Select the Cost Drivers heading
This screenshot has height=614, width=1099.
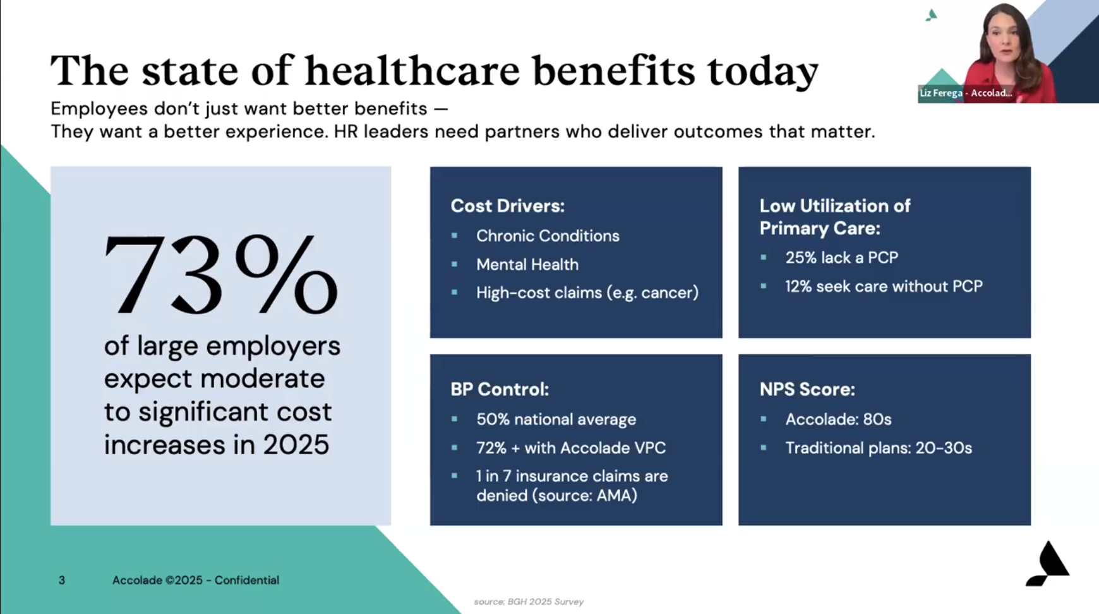coord(507,206)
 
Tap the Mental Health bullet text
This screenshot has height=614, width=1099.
coord(527,265)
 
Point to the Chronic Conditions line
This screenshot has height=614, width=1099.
coord(547,236)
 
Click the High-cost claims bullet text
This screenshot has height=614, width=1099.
coord(587,293)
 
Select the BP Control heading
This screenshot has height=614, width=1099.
coord(499,389)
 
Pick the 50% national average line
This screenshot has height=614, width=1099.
coord(556,419)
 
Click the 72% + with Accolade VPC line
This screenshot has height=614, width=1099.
coord(570,448)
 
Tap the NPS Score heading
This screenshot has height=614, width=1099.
coord(807,389)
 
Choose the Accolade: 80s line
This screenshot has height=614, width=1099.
coord(838,419)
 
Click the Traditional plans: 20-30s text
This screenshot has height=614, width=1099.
coord(878,448)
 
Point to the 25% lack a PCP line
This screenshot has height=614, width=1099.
coord(841,258)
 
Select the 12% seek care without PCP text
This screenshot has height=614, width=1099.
coord(883,286)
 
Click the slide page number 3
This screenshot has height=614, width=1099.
coord(62,580)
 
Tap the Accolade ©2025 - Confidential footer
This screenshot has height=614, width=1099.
coord(195,580)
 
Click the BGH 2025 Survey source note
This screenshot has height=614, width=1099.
coord(529,602)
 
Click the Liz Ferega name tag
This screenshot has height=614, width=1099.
coord(965,93)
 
